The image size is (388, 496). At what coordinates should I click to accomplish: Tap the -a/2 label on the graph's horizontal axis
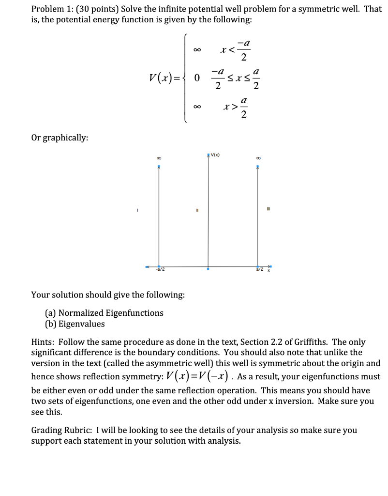(161, 270)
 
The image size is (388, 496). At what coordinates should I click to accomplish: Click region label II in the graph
(196, 210)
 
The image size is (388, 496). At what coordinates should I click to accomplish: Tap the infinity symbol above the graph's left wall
(158, 157)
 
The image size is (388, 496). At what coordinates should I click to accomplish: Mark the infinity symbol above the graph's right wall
(258, 157)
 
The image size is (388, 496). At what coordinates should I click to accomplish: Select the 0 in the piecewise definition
(197, 78)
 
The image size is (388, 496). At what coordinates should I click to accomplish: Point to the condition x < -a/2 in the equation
(236, 51)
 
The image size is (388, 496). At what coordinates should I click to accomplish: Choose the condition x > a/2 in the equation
(236, 107)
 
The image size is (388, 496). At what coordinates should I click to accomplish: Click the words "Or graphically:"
(60, 138)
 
